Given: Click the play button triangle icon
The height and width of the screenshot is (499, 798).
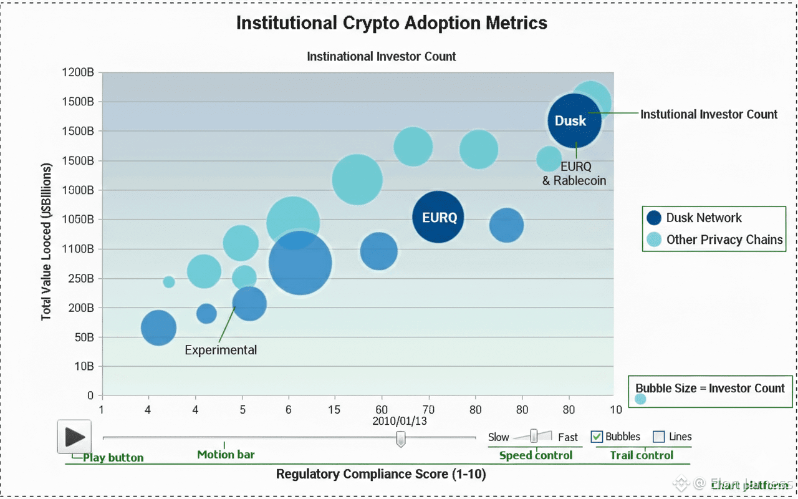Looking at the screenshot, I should pos(75,437).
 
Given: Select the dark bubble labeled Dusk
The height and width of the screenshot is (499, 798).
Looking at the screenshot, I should pos(574,120).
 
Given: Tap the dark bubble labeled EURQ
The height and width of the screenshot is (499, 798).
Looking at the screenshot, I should pos(438,217).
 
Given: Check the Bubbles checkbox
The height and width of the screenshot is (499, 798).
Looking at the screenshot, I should pos(597,437).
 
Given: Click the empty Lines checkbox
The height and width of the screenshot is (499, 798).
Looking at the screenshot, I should pos(658,437).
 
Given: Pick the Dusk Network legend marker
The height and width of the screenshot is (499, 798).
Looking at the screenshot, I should pos(653,218).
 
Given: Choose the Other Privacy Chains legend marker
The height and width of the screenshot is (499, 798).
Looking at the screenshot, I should pos(653,240).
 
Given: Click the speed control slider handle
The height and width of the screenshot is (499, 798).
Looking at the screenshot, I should pos(534,435).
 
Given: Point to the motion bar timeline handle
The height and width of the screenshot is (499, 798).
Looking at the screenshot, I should pos(401,439).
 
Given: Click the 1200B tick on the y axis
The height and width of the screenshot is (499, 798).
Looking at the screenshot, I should pos(79,72).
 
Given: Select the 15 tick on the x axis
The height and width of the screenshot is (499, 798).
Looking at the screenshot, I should pos(335,409).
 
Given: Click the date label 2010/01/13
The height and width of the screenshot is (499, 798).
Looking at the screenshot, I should pos(400,421).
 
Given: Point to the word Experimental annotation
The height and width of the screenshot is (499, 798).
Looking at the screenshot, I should pos(221,350).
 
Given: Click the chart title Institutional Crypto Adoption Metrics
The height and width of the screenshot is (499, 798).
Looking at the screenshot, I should pos(392,23).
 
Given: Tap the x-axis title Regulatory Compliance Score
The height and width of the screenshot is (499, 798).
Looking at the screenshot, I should pos(380,474).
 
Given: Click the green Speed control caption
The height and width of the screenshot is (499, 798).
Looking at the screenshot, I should pos(536,455).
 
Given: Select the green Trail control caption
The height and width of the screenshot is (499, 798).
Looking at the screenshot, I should pos(642,455).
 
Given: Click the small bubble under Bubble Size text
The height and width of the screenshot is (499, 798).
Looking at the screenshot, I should pos(640,399).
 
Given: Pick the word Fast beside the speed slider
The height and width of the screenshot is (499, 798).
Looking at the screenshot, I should pos(567,437).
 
